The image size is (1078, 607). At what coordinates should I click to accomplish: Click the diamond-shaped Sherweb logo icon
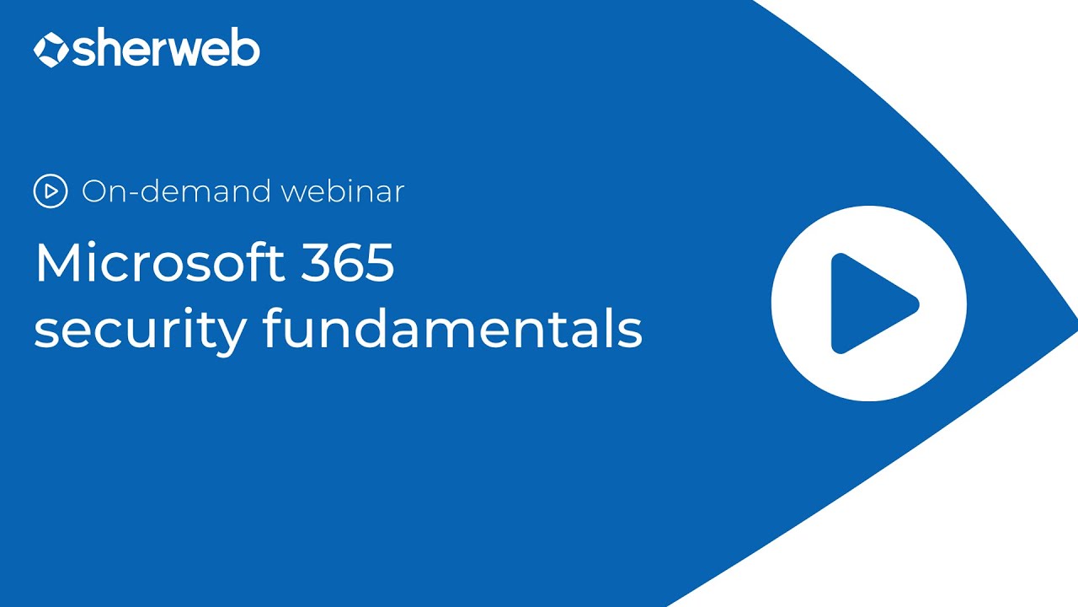[51, 50]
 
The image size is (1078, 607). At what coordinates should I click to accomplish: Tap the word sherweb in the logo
[166, 50]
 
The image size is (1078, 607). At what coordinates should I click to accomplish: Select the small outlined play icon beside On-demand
[51, 191]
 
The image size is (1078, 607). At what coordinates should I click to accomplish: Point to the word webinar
[343, 191]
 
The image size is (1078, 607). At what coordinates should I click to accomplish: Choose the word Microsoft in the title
[147, 263]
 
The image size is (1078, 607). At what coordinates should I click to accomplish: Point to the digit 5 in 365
[379, 263]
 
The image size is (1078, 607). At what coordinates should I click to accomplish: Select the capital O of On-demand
[94, 191]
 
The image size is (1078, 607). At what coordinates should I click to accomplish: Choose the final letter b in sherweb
[246, 50]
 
